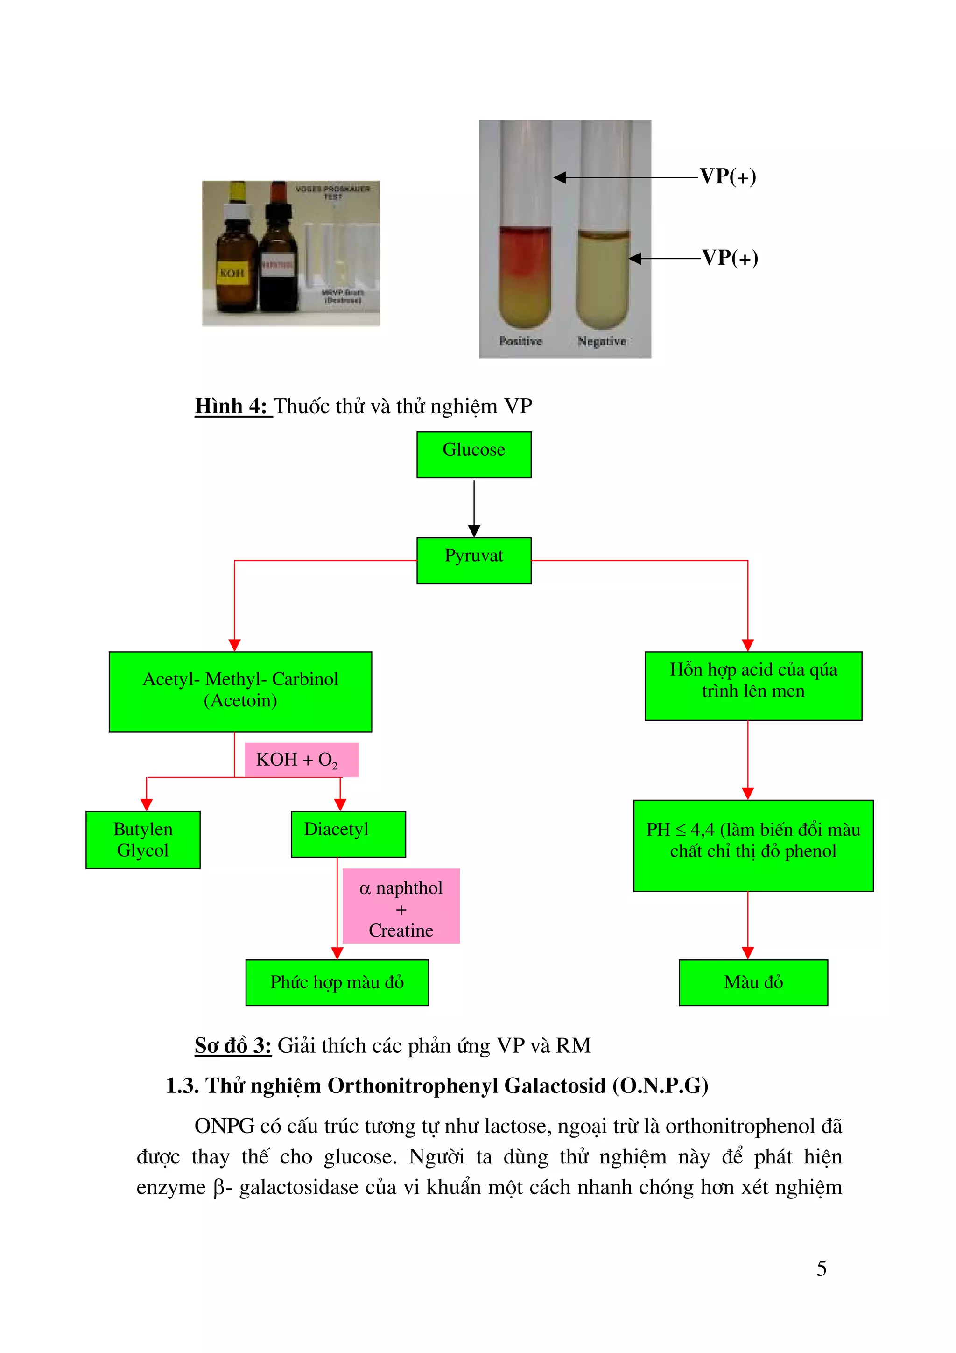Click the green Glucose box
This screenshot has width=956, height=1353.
tap(474, 454)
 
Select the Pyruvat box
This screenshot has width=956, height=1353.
tap(474, 560)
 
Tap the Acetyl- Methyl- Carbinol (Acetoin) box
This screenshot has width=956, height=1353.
tap(240, 691)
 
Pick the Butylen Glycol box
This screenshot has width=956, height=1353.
tap(143, 840)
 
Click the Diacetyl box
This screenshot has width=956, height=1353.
tap(348, 834)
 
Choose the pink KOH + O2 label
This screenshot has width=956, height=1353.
tap(301, 760)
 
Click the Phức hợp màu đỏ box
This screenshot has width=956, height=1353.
tap(337, 982)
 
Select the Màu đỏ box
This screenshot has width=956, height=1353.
tap(753, 982)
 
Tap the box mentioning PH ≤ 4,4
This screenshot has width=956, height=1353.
tap(753, 845)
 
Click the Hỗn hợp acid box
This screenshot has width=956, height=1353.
tap(753, 685)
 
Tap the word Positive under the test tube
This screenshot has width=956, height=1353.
tap(520, 341)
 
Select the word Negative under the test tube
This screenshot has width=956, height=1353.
tap(601, 341)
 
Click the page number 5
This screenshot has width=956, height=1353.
tap(821, 1268)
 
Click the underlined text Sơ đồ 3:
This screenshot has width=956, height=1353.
tap(232, 1045)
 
